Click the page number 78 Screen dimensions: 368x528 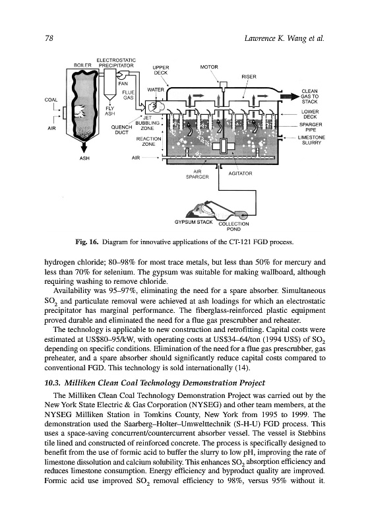49,38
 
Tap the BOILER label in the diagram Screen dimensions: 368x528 82,65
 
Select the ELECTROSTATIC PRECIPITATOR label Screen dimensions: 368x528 115,63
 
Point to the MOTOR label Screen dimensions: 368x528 209,67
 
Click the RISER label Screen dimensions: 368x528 249,77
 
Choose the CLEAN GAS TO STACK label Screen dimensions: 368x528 309,96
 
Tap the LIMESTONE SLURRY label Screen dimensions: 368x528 311,140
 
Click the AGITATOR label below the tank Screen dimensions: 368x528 240,174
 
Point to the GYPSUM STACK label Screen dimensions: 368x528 193,222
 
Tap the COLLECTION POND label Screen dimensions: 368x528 233,226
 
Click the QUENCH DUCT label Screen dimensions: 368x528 121,130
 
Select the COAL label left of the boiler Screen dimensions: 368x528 51,100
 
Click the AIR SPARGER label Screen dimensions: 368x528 197,174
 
